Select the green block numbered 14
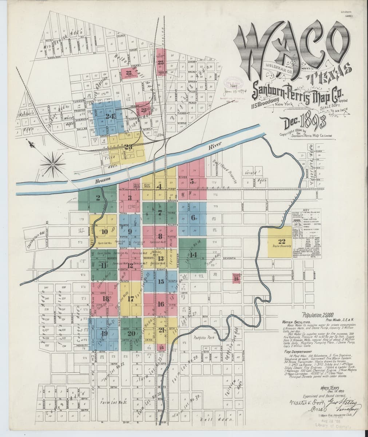[x=193, y=255]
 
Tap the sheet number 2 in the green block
[x=98, y=198]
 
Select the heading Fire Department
[x=296, y=352]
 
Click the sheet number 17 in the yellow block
[x=131, y=299]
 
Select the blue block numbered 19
[x=104, y=334]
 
